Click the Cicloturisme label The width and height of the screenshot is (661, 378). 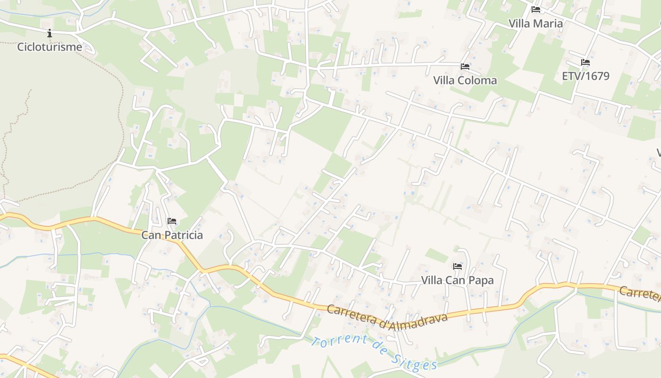pos(50,47)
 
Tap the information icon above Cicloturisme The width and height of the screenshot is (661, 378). pos(50,33)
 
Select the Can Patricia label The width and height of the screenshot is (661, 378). pos(172,235)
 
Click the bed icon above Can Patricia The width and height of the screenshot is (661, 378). pos(172,221)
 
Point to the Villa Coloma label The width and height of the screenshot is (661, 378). pos(465,80)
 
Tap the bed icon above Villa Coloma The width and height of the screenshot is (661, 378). pos(465,67)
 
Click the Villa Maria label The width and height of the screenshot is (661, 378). pos(535,23)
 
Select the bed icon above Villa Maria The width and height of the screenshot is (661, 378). pos(535,9)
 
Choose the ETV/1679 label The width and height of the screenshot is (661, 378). pos(585,76)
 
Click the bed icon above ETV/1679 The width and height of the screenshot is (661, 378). pos(585,62)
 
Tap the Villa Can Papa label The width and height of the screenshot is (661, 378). pos(457,280)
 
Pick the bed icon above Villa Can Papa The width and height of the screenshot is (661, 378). pos(457,266)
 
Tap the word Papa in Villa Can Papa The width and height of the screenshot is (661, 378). pos(482,280)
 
